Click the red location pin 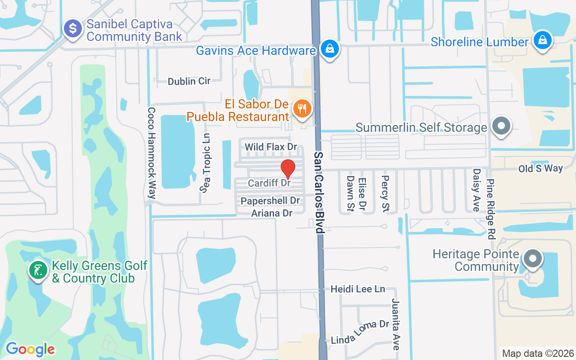pos(288,169)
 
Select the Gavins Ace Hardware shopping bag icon pos(330,49)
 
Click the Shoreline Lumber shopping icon pos(543,40)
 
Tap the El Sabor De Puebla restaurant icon pos(302,109)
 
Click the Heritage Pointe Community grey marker pos(533,259)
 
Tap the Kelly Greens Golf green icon pos(38,270)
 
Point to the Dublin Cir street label pos(189,81)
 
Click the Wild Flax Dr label pos(271,147)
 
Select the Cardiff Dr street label pos(270,184)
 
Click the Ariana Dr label pos(272,213)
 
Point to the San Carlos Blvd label pos(319,192)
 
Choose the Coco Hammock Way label pos(152,153)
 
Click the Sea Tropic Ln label pos(206,163)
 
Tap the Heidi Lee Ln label pos(358,289)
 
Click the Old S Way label pos(540,168)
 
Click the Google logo pos(30,349)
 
